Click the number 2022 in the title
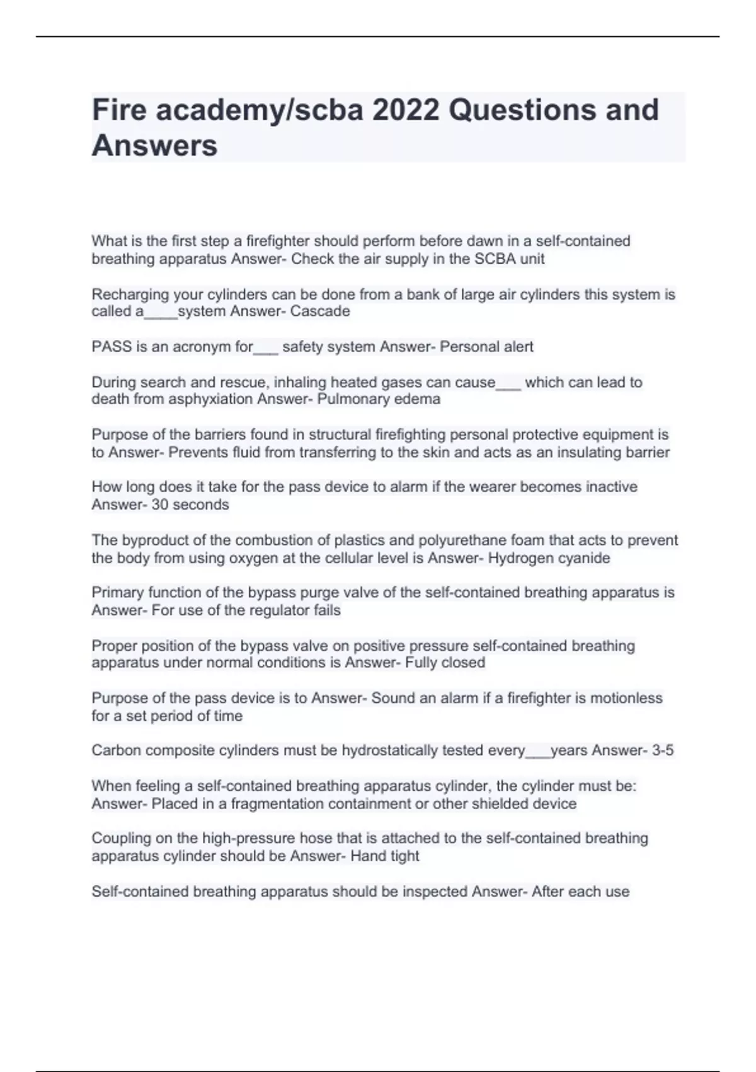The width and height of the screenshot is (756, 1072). pos(406,110)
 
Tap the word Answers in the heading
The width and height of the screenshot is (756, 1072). pos(154,146)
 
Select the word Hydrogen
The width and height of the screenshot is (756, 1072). pos(518,558)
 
